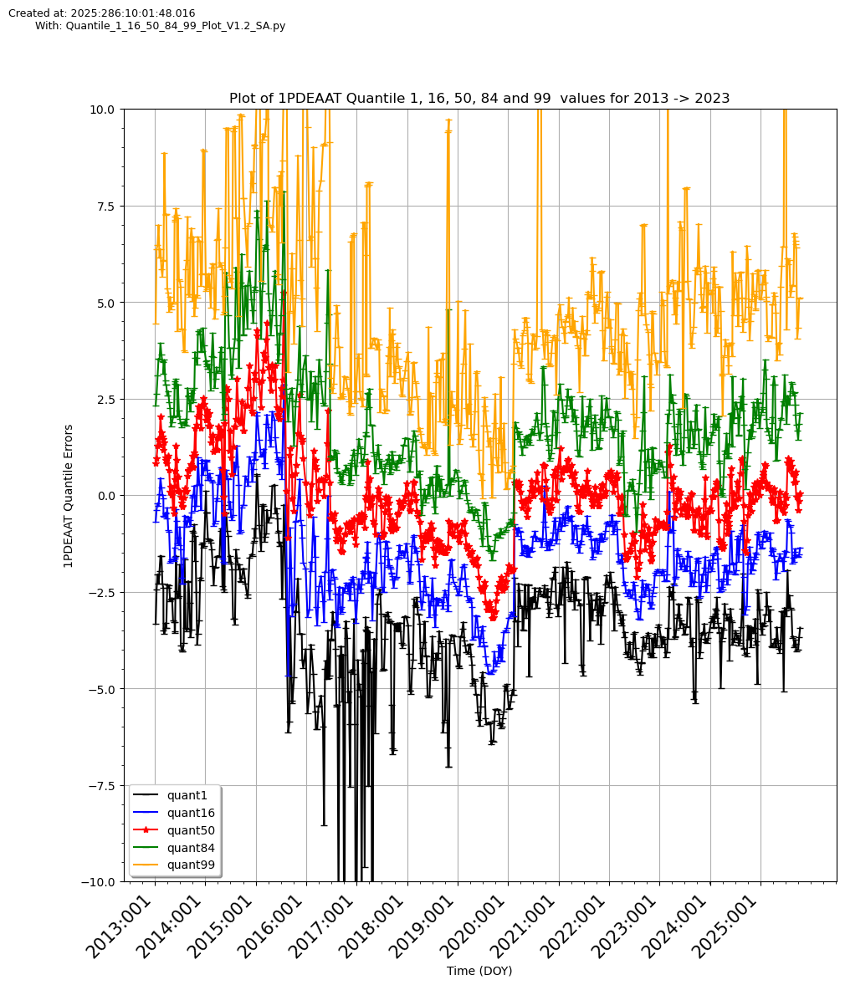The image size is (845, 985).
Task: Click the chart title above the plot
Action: [479, 98]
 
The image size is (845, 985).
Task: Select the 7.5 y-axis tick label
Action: [107, 206]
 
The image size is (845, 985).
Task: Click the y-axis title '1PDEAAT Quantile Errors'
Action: [69, 496]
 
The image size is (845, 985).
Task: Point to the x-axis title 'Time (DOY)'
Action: [479, 971]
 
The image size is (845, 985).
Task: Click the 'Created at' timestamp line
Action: [102, 13]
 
